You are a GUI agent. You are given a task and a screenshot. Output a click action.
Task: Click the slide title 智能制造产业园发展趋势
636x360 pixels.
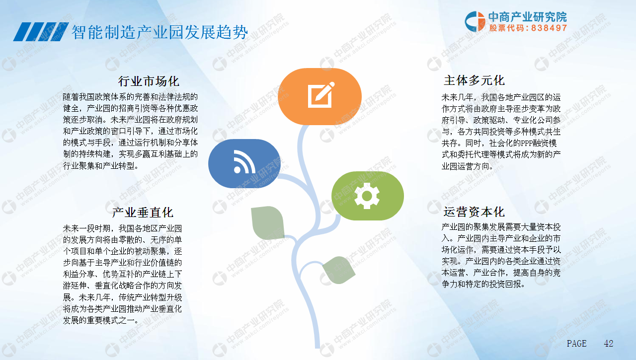[x=159, y=32]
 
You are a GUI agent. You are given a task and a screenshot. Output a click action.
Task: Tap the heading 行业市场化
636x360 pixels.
[x=149, y=81]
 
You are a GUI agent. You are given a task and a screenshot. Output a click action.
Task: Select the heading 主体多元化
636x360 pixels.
[x=474, y=80]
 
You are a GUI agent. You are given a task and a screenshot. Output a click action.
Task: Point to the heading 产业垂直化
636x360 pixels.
[x=143, y=213]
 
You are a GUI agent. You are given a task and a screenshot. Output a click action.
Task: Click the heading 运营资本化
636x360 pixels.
[x=474, y=212]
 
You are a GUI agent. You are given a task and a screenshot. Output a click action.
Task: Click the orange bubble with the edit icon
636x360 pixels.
[x=319, y=96]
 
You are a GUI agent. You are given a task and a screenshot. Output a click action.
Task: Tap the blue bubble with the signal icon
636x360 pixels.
[x=244, y=163]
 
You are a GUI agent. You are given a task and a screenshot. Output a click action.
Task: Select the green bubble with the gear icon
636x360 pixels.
[x=367, y=196]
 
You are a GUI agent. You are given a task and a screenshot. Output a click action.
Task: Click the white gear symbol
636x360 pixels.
[x=367, y=196]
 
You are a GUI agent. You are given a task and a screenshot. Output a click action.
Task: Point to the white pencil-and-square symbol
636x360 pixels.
[x=321, y=95]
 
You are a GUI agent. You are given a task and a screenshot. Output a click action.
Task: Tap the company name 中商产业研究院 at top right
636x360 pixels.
[x=528, y=17]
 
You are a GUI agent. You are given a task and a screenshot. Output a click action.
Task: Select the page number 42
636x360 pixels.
[x=609, y=344]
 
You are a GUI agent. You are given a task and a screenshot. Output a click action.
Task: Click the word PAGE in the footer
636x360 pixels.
[x=577, y=344]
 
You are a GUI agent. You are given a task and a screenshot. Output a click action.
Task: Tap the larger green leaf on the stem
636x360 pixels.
[x=268, y=222]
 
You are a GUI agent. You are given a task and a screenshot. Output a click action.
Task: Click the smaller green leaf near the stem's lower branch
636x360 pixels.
[x=339, y=270]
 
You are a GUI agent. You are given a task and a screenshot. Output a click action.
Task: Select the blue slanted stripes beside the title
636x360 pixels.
[x=41, y=32]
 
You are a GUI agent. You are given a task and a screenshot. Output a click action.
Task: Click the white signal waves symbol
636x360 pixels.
[x=244, y=162]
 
